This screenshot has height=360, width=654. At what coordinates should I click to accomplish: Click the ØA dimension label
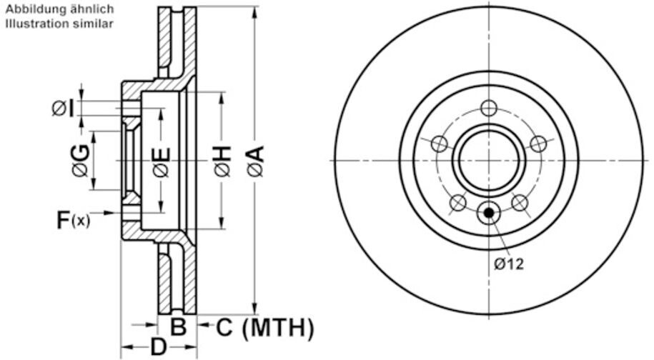[255, 161]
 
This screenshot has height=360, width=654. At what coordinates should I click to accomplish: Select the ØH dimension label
[223, 161]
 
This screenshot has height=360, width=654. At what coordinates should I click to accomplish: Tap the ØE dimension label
[162, 161]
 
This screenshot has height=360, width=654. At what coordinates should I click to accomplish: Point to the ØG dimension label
[81, 161]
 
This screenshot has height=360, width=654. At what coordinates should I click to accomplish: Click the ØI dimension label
[63, 109]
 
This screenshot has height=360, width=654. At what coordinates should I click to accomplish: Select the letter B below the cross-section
[179, 329]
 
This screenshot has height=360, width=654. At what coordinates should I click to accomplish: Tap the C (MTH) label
[264, 329]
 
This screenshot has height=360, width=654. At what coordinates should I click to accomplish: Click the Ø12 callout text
[509, 264]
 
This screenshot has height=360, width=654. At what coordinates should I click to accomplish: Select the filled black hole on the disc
[489, 212]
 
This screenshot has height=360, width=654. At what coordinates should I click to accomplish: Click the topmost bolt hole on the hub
[489, 109]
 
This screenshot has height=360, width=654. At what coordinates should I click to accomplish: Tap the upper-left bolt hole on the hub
[440, 144]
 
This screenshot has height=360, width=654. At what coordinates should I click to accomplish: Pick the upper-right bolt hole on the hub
[538, 144]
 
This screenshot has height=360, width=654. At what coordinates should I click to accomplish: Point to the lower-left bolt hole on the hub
[458, 204]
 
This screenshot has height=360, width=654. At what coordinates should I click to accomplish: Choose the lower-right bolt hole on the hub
[520, 204]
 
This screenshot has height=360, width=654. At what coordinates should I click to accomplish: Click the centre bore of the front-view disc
[489, 160]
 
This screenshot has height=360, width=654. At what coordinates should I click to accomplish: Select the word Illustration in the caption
[33, 23]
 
